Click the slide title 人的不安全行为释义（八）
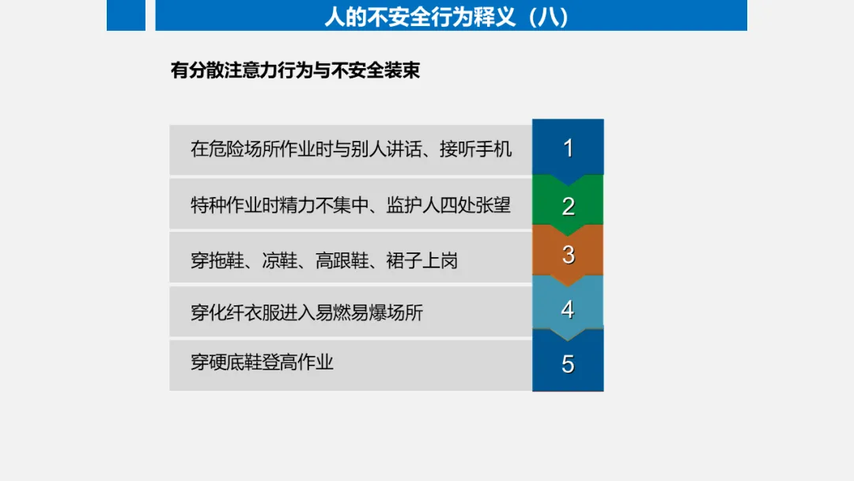pyautogui.click(x=447, y=17)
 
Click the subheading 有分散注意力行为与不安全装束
pyautogui.click(x=295, y=70)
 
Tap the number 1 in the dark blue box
pyautogui.click(x=568, y=148)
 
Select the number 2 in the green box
pyautogui.click(x=568, y=206)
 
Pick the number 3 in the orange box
pyautogui.click(x=568, y=255)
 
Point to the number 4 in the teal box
pyautogui.click(x=568, y=310)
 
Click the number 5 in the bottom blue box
pyautogui.click(x=568, y=364)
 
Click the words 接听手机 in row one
pyautogui.click(x=475, y=149)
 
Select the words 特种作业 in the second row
pyautogui.click(x=225, y=206)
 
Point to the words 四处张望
pyautogui.click(x=475, y=206)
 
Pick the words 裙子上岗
pyautogui.click(x=422, y=260)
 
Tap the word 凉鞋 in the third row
pyautogui.click(x=279, y=260)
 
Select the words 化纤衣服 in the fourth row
pyautogui.click(x=244, y=312)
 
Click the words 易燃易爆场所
pyautogui.click(x=369, y=312)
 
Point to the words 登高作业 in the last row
pyautogui.click(x=297, y=362)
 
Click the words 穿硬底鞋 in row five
pyautogui.click(x=225, y=362)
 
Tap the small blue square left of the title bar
pyautogui.click(x=126, y=15)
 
